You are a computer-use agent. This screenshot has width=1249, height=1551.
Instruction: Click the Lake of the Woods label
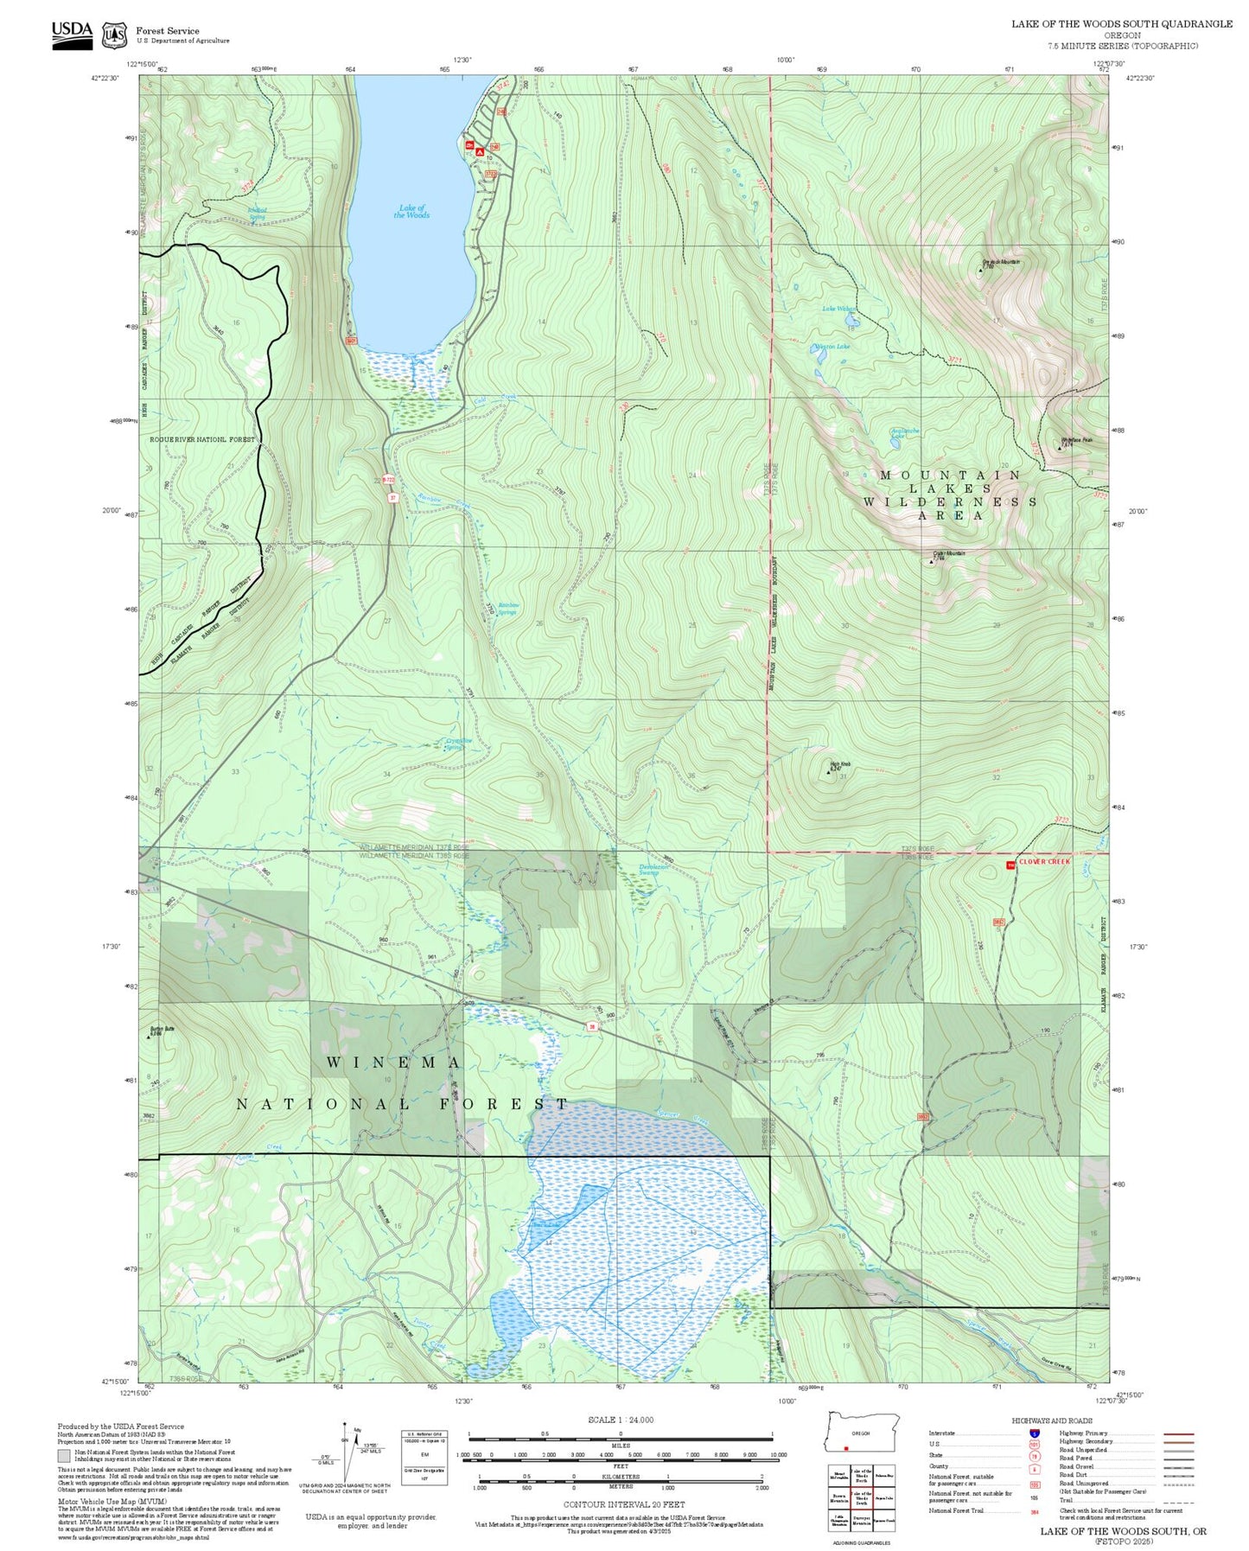coord(411,212)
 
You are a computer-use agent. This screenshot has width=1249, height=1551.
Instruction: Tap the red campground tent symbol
coord(480,152)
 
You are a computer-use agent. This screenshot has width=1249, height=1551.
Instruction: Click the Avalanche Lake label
coord(905,433)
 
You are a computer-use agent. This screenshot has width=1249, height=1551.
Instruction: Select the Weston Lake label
coord(832,347)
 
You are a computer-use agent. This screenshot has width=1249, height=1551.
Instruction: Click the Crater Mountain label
coord(948,553)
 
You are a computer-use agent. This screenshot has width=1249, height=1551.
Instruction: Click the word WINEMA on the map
coord(394,1062)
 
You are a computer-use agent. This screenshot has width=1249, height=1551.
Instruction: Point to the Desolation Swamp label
coord(654,870)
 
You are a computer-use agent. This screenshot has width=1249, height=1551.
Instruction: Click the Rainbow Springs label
coord(508,609)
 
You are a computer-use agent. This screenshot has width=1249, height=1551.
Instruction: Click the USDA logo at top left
coord(72,35)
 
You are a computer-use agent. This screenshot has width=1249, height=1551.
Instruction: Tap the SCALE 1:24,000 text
coord(620,1420)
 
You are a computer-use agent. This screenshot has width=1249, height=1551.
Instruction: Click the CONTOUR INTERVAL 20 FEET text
coord(620,1504)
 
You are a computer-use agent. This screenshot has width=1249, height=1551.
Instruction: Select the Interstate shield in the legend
coord(1034,1433)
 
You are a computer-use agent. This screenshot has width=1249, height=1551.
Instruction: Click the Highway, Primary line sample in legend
coord(1178,1433)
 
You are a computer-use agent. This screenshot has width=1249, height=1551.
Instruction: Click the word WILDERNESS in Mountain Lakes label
coord(949,501)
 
